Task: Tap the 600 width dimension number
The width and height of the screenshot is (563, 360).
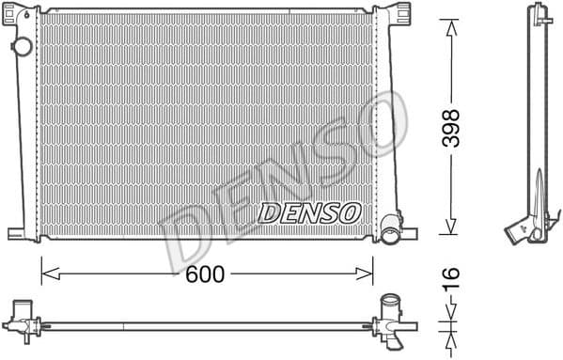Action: coord(206,274)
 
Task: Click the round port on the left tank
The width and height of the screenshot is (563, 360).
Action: coord(20,47)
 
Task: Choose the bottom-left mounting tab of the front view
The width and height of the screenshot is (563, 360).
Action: coord(19,233)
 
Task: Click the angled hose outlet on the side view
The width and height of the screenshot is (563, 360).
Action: coord(519,228)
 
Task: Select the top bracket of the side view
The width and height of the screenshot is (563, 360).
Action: coord(540,13)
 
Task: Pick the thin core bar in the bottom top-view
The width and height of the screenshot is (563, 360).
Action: coord(207,326)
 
